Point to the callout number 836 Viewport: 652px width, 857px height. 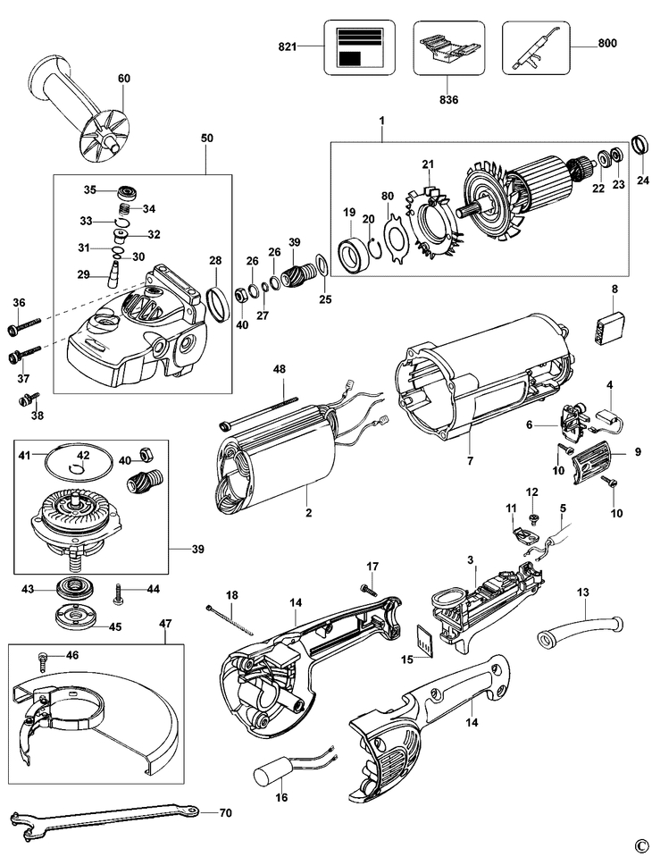click(448, 100)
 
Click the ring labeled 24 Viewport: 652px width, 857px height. click(639, 145)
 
